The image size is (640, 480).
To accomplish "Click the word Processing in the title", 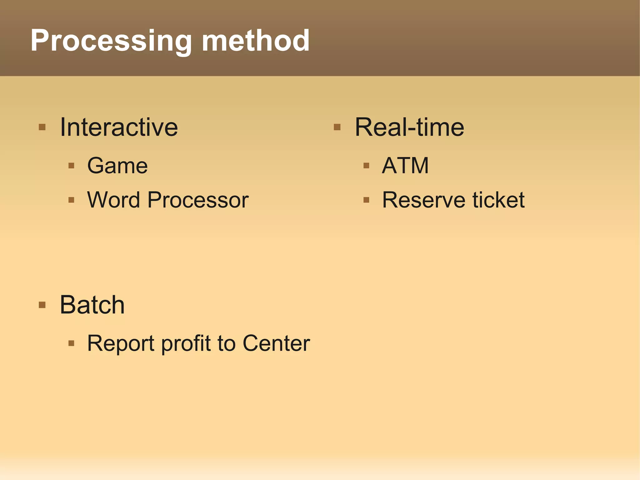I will pyautogui.click(x=111, y=41).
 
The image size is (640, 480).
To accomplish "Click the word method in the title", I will pyautogui.click(x=256, y=41).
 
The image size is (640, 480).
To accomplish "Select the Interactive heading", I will pyautogui.click(x=119, y=127).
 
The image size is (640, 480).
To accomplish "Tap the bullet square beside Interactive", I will pyautogui.click(x=42, y=127).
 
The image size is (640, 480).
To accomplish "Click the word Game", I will pyautogui.click(x=117, y=166).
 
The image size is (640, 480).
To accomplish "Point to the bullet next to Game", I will pyautogui.click(x=71, y=166).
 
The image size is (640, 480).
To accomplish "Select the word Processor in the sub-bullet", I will pyautogui.click(x=198, y=200).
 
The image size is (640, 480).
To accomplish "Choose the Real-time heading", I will pyautogui.click(x=409, y=127).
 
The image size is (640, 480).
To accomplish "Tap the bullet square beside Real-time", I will pyautogui.click(x=337, y=127).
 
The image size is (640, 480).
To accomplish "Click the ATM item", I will pyautogui.click(x=405, y=165).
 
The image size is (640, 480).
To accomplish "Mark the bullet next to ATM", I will pyautogui.click(x=366, y=166).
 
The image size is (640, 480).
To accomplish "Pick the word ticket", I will pyautogui.click(x=498, y=200).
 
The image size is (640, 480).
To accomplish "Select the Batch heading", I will pyautogui.click(x=92, y=305).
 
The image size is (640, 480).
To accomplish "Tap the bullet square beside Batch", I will pyautogui.click(x=42, y=305).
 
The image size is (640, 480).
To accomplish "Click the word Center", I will pyautogui.click(x=276, y=343).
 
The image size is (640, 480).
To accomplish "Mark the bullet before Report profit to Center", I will pyautogui.click(x=71, y=343).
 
